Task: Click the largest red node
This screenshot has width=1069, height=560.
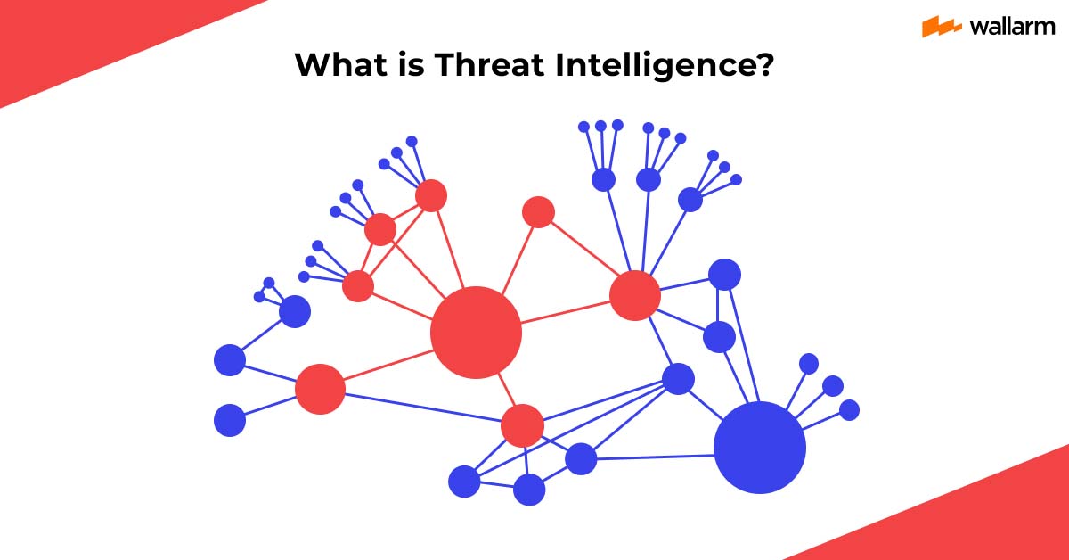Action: (x=476, y=332)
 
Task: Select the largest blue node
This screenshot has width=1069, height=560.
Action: (x=760, y=448)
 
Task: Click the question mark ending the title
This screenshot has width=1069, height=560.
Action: (x=763, y=65)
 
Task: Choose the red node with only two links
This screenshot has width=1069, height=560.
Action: (x=538, y=211)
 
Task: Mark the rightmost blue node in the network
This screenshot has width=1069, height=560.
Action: (x=850, y=410)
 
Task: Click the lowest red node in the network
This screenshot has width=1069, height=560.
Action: (x=522, y=425)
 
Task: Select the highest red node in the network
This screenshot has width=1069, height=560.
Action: (x=430, y=195)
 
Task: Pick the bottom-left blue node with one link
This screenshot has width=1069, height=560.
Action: (x=230, y=420)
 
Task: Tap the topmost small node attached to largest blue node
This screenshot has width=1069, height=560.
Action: (x=809, y=364)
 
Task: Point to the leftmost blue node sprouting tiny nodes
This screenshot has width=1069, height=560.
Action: (x=295, y=311)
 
